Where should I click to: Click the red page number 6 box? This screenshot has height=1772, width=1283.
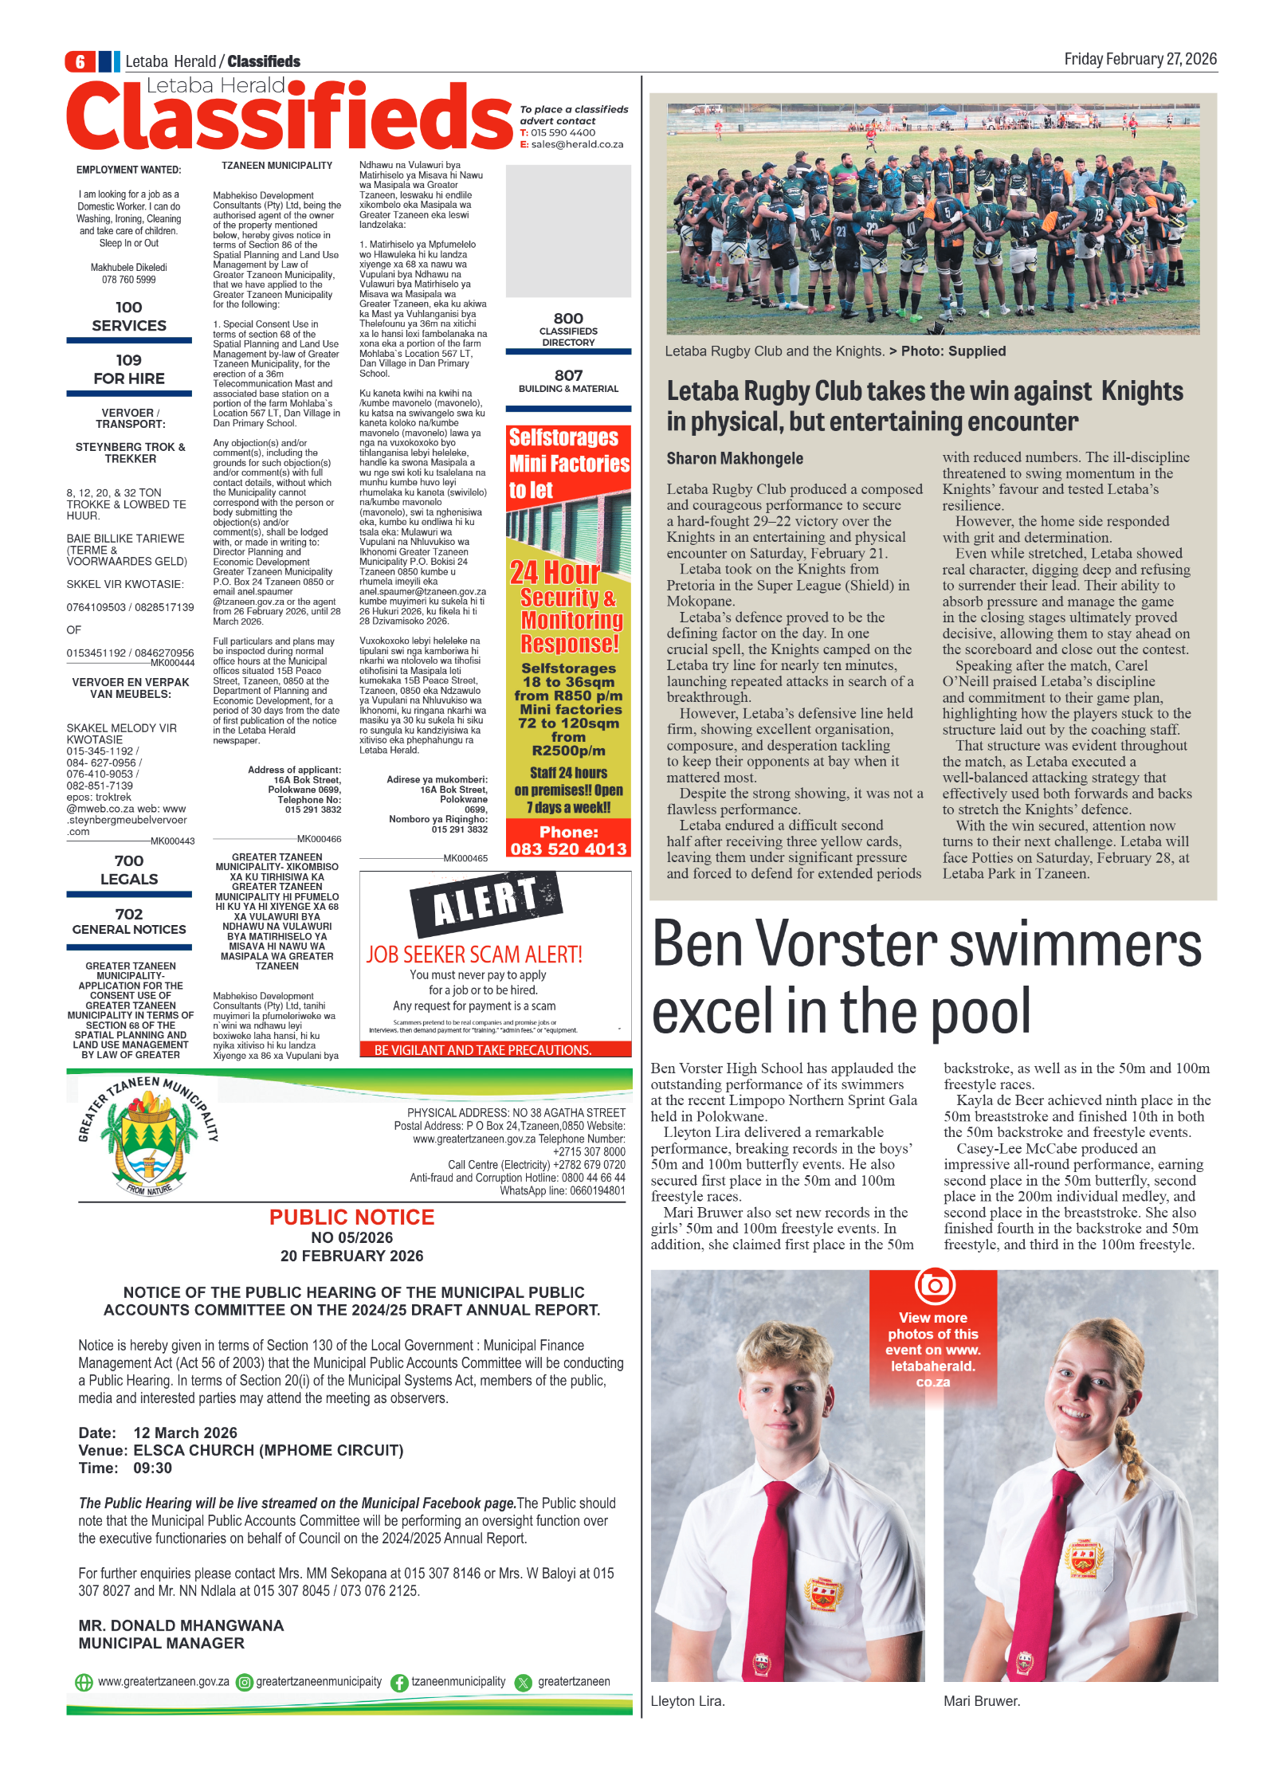point(80,61)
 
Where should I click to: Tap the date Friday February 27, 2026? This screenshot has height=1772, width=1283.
point(1140,59)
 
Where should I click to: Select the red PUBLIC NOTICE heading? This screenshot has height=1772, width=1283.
point(351,1217)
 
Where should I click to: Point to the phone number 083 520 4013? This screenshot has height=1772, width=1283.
point(568,849)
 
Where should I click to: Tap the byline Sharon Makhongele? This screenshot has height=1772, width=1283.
point(735,459)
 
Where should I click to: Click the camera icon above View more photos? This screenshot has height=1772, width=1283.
point(934,1285)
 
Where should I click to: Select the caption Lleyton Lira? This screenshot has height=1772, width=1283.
point(687,1701)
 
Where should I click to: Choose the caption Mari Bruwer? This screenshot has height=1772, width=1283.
point(981,1701)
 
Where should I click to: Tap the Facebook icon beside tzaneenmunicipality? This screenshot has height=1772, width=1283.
point(399,1683)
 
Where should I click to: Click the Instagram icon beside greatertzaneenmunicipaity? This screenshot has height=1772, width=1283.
point(245,1683)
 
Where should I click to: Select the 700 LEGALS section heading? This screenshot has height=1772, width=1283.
point(129,870)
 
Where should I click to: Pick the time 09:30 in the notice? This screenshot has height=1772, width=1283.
point(153,1468)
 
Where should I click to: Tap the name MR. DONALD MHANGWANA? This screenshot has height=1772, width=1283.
point(181,1625)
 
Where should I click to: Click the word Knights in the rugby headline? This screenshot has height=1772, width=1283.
point(1142,391)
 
